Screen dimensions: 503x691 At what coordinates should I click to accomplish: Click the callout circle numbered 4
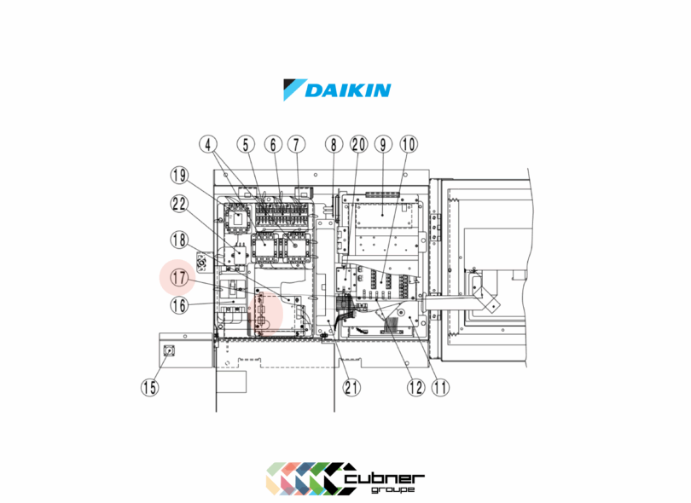[211, 146]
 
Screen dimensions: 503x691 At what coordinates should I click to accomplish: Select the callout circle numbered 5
[246, 146]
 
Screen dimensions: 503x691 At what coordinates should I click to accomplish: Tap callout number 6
[272, 146]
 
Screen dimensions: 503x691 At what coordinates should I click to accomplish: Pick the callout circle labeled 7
[295, 146]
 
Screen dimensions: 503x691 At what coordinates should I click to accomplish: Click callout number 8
[333, 146]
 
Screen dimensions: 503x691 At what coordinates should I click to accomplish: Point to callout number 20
[358, 146]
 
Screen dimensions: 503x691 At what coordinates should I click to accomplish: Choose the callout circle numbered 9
[383, 146]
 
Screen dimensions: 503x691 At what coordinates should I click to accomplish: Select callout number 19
[179, 176]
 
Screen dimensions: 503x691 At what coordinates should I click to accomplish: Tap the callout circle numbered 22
[179, 205]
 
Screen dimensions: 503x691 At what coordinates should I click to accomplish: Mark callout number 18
[179, 240]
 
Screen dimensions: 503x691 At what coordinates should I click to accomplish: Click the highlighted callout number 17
[179, 277]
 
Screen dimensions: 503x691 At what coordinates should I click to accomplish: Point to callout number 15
[150, 386]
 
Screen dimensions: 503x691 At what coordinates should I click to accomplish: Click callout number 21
[351, 386]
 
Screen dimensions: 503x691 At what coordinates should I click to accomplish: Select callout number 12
[415, 386]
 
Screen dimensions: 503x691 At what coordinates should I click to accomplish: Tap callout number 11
[440, 386]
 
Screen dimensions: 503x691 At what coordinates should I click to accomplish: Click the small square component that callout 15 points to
[169, 350]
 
